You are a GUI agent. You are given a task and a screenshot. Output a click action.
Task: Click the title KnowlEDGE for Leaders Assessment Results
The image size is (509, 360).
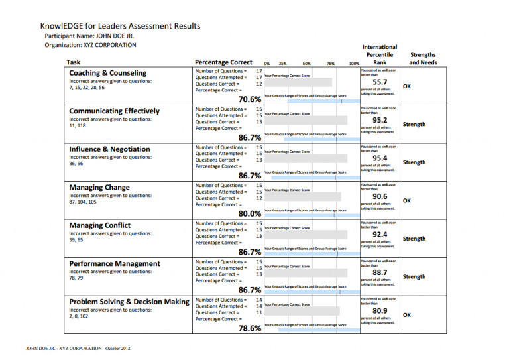[x=120, y=26]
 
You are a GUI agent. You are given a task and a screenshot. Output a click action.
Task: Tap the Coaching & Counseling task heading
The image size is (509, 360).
[x=108, y=73]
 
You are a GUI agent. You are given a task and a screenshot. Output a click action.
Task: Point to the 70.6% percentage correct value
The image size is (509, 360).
[x=249, y=99]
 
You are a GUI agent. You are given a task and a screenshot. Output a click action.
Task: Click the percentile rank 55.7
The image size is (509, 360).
[x=379, y=83]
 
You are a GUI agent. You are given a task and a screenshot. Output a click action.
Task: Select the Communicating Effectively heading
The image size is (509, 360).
[x=114, y=111]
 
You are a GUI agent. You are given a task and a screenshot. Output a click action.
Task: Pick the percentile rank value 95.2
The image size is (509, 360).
[x=379, y=121]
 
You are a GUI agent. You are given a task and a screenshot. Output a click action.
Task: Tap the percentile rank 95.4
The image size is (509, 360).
[x=379, y=158]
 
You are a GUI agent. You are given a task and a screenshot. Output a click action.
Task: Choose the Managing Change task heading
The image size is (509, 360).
[x=99, y=188]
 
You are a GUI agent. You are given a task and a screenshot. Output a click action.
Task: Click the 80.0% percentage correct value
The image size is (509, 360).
[x=249, y=213]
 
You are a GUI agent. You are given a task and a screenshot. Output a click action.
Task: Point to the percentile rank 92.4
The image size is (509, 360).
[x=379, y=235]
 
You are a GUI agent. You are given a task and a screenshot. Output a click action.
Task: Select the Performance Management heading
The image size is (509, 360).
[x=115, y=264]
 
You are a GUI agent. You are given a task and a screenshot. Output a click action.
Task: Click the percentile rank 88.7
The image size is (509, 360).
[x=379, y=272]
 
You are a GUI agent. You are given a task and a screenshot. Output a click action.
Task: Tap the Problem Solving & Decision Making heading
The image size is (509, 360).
[x=129, y=302]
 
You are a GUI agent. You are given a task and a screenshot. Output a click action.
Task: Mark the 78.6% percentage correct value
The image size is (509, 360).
[x=249, y=328]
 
